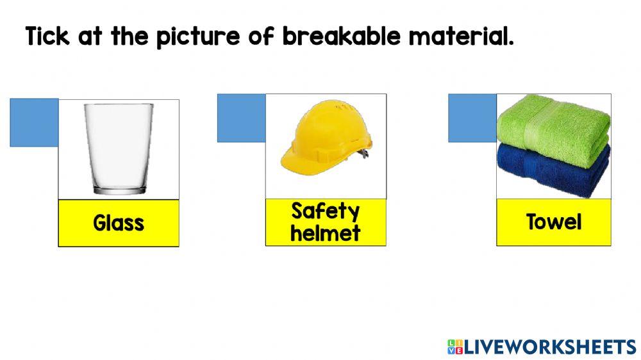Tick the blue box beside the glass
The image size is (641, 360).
click(x=34, y=122)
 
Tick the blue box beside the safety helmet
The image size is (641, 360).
click(x=241, y=118)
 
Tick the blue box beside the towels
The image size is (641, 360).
click(x=472, y=118)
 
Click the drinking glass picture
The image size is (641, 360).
click(x=119, y=149)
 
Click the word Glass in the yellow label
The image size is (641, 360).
click(x=119, y=223)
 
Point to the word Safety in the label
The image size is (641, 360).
click(x=325, y=211)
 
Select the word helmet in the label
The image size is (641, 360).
click(x=325, y=233)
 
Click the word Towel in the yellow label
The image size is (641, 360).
click(x=554, y=222)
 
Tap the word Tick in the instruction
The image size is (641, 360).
click(x=48, y=37)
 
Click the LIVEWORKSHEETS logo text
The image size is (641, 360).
click(x=549, y=347)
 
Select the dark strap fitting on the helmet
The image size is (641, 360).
click(x=365, y=154)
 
